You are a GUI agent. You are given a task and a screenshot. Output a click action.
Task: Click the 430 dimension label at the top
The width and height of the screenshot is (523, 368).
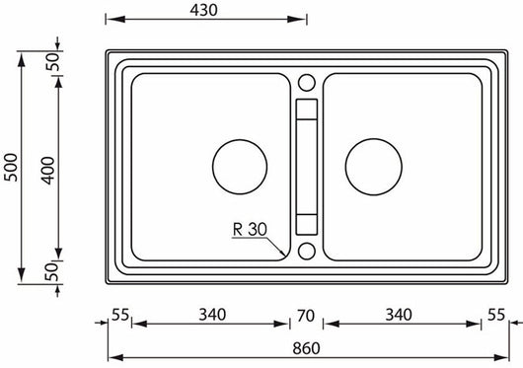click(x=204, y=9)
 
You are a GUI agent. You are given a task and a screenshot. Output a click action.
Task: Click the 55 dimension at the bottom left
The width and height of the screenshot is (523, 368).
click(x=119, y=315)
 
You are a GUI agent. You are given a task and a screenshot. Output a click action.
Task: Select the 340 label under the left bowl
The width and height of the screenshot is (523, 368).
click(x=211, y=315)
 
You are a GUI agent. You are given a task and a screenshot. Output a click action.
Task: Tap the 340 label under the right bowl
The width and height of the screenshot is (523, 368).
click(x=399, y=315)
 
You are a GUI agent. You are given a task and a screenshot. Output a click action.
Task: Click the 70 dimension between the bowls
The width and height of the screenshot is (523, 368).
click(x=305, y=316)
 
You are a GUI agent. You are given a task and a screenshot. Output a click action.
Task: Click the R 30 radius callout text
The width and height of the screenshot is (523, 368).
click(x=251, y=230)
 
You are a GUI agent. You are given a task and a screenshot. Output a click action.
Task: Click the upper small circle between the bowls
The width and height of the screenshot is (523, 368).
click(x=306, y=81)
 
